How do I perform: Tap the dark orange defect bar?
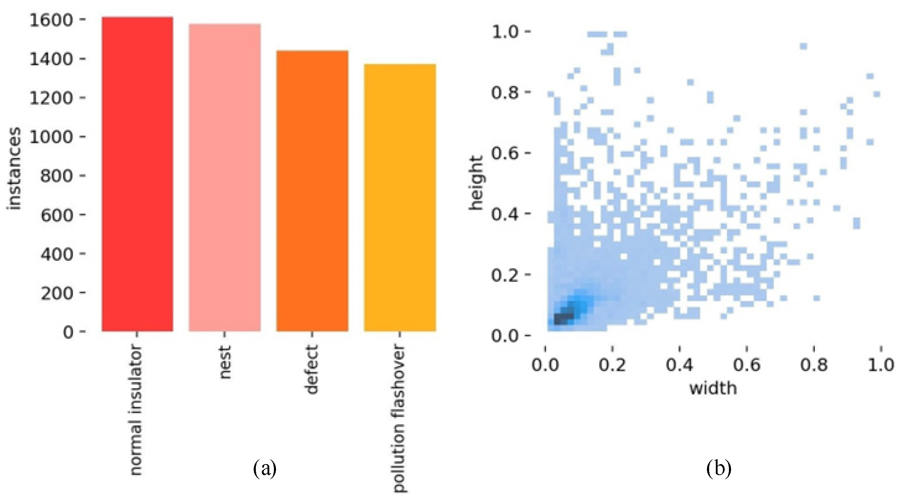point(312,191)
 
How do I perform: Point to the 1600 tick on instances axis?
point(51,20)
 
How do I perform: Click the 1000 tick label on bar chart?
point(51,137)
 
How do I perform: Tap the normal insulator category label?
point(136,410)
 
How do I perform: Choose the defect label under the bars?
point(312,370)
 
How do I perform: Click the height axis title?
point(476,183)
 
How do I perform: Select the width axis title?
point(713,388)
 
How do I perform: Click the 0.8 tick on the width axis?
point(814,364)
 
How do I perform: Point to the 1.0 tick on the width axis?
point(881,364)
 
